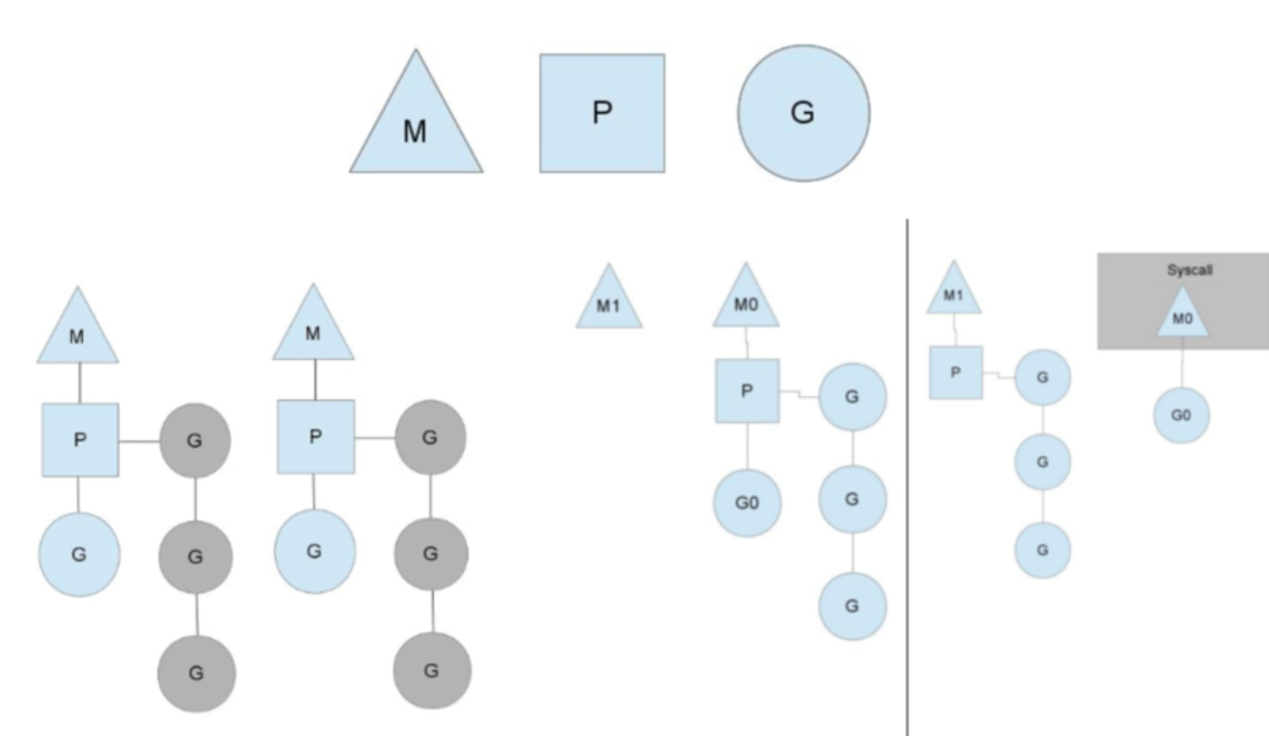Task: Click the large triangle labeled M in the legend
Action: pyautogui.click(x=415, y=126)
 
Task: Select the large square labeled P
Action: pyautogui.click(x=601, y=113)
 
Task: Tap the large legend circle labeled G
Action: pyautogui.click(x=803, y=112)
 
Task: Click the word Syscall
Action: pyautogui.click(x=1189, y=270)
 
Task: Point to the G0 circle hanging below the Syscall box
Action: pyautogui.click(x=1181, y=415)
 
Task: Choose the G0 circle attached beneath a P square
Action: pyautogui.click(x=747, y=502)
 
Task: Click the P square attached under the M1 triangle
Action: pyautogui.click(x=955, y=372)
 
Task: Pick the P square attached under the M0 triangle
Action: pyautogui.click(x=747, y=391)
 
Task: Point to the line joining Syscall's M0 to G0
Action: pyautogui.click(x=1182, y=363)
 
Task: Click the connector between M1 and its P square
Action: pyautogui.click(x=955, y=330)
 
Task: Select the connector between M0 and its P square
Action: pyautogui.click(x=746, y=343)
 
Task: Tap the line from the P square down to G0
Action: pyautogui.click(x=747, y=446)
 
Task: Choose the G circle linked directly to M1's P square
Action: pyautogui.click(x=1042, y=377)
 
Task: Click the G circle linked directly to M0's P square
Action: pyautogui.click(x=852, y=396)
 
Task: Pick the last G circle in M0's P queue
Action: pyautogui.click(x=852, y=605)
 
